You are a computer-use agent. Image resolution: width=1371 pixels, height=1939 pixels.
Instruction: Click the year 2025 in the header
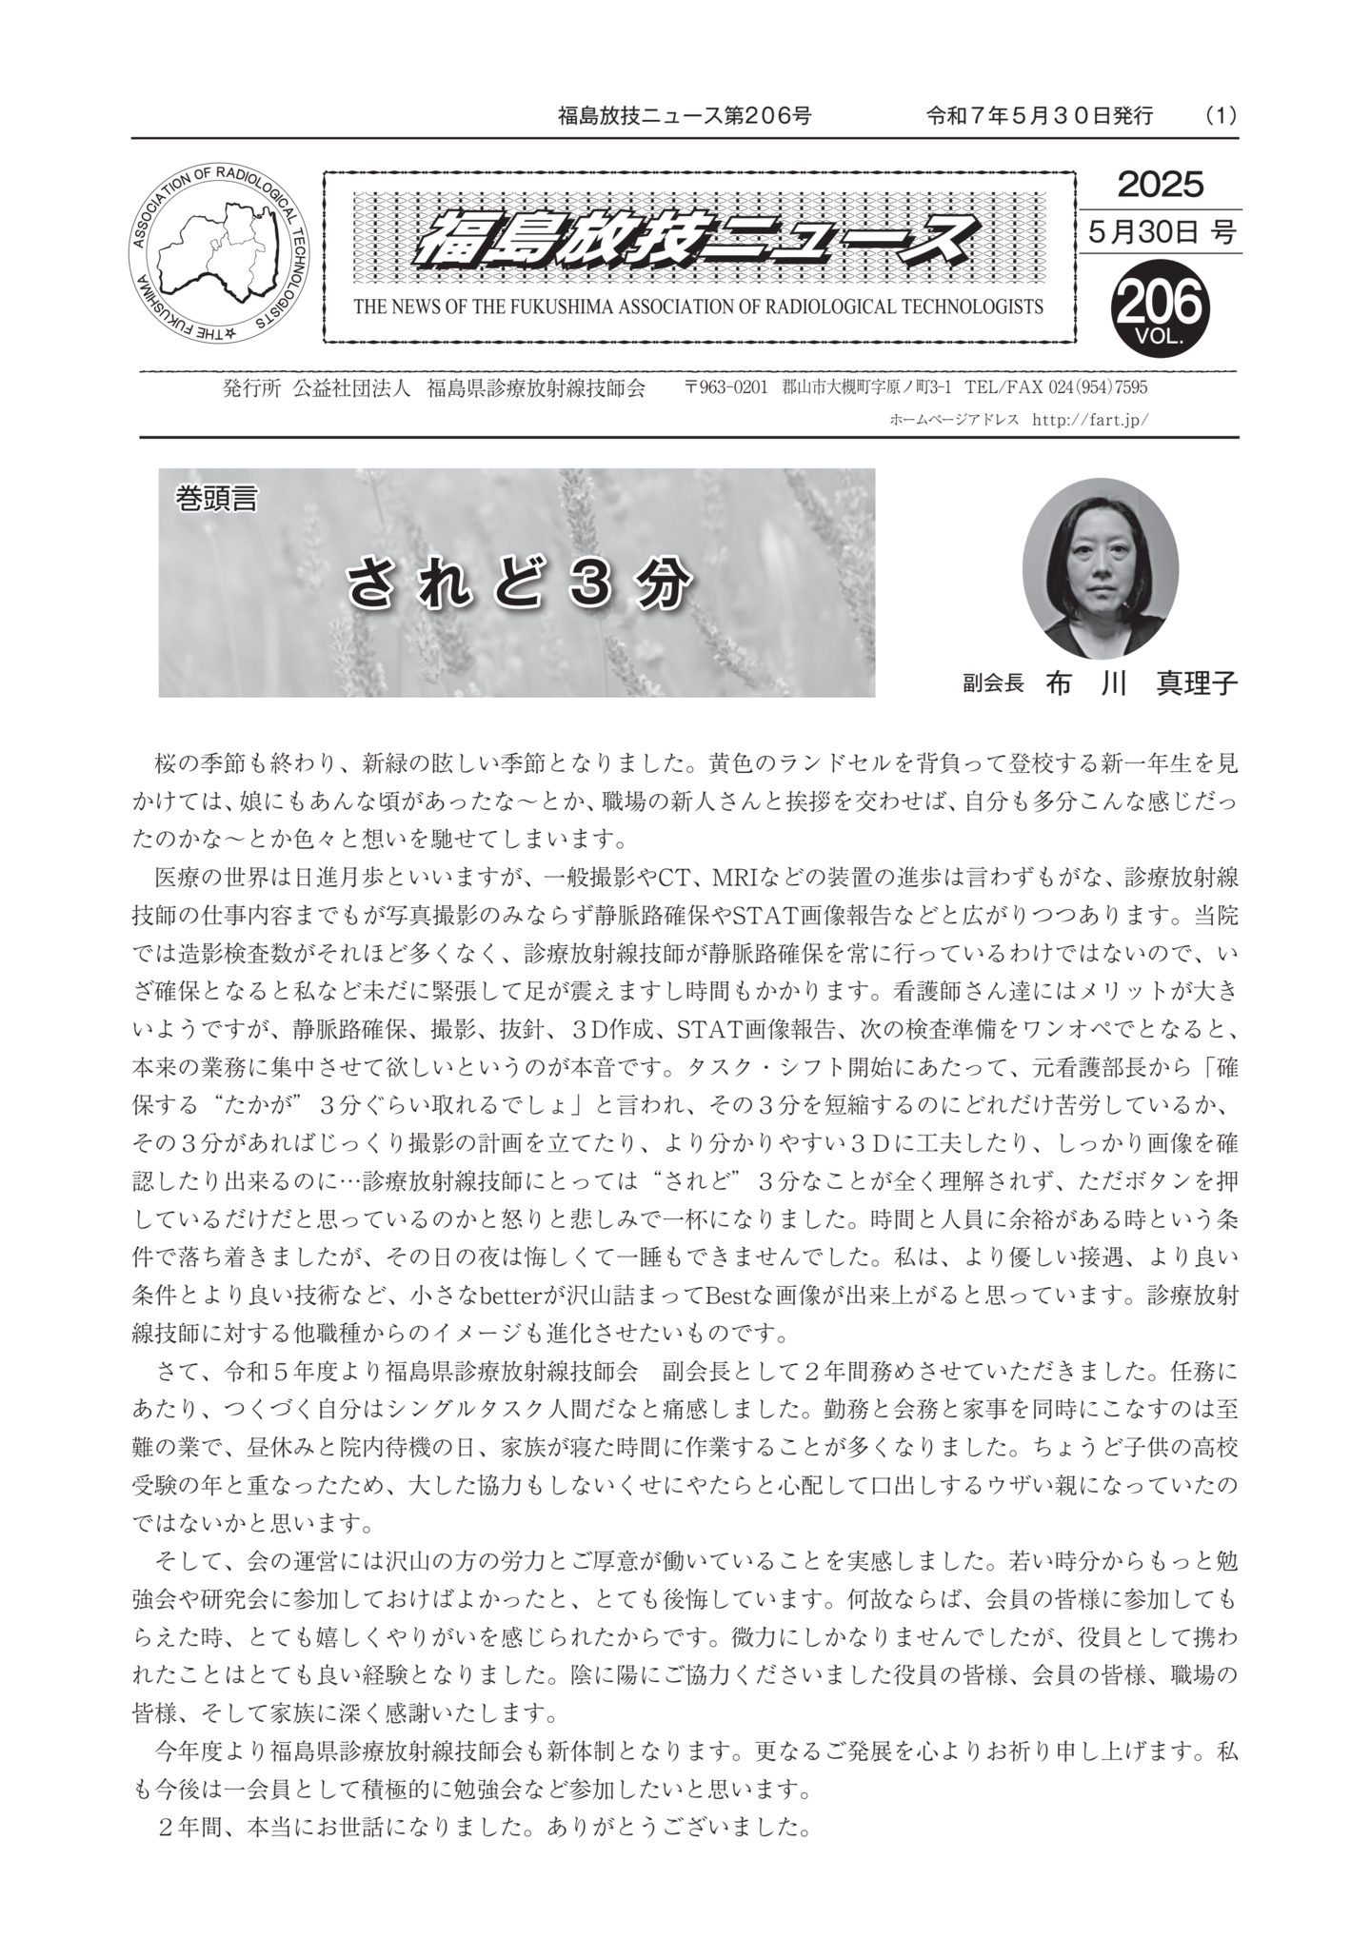pyautogui.click(x=1160, y=184)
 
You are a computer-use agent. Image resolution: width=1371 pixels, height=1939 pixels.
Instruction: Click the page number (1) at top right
pyautogui.click(x=1220, y=116)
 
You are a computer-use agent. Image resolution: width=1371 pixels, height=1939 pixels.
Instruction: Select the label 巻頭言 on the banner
pyautogui.click(x=216, y=498)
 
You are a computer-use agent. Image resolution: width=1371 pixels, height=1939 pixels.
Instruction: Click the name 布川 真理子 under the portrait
pyautogui.click(x=1141, y=683)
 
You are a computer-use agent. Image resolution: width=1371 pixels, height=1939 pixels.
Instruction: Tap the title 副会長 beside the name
pyautogui.click(x=992, y=683)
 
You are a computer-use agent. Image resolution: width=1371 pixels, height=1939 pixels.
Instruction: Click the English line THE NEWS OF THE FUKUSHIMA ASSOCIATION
pyautogui.click(x=698, y=307)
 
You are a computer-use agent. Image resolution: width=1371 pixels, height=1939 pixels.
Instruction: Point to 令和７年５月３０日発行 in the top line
pyautogui.click(x=1039, y=116)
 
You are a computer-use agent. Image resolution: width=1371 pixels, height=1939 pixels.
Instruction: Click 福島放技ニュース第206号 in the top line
pyautogui.click(x=685, y=116)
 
